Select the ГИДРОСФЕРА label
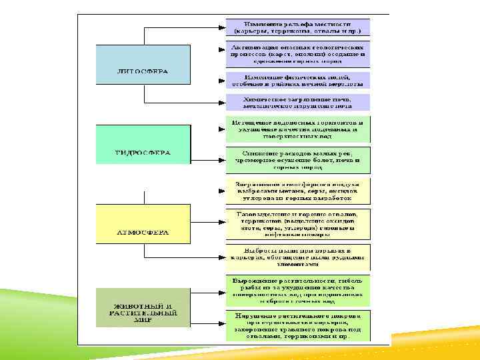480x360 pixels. (x=143, y=153)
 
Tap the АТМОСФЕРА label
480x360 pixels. (x=143, y=233)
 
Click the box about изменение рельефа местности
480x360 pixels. (x=297, y=27)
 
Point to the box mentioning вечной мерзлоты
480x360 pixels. (x=297, y=80)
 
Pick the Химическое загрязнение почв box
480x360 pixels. (x=297, y=102)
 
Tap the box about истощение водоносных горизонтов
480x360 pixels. (x=297, y=131)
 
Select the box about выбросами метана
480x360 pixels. (x=297, y=191)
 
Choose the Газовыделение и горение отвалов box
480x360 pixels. (x=297, y=224)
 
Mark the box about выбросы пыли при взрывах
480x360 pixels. (x=297, y=256)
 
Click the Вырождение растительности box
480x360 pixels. (x=297, y=289)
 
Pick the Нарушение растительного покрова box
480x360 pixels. (x=297, y=325)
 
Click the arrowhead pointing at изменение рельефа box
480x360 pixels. (x=222, y=27)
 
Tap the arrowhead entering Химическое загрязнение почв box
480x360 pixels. (x=222, y=103)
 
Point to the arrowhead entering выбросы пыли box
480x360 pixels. (x=222, y=256)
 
